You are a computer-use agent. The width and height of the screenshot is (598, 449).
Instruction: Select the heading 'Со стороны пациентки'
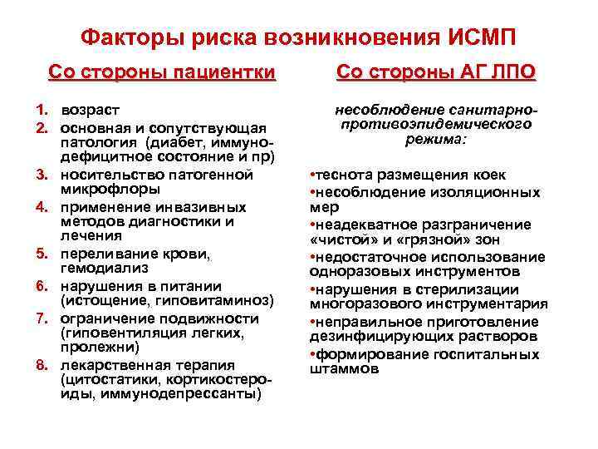point(161,72)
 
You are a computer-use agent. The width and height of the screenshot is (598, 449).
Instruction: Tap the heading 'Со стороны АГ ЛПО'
point(437,72)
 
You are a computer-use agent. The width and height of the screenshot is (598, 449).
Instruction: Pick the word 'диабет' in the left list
point(172,143)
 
